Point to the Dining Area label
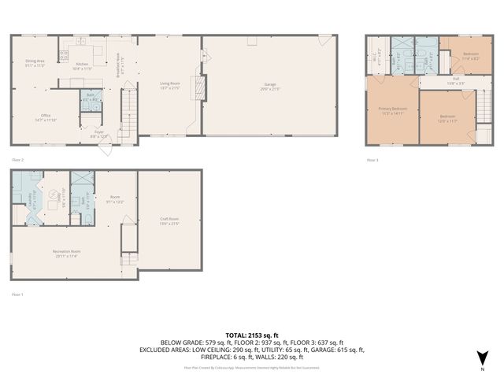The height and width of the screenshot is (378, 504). coord(35,63)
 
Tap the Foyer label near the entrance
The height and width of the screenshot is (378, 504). coord(99,133)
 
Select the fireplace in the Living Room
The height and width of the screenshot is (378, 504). coord(200,88)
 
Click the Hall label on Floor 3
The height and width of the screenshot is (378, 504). coord(451,79)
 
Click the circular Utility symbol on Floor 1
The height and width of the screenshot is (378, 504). coord(54,194)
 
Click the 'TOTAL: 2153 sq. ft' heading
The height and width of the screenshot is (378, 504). coord(252,335)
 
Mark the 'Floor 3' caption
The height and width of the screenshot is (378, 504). coord(372,160)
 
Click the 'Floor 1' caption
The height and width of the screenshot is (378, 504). coord(18,294)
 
